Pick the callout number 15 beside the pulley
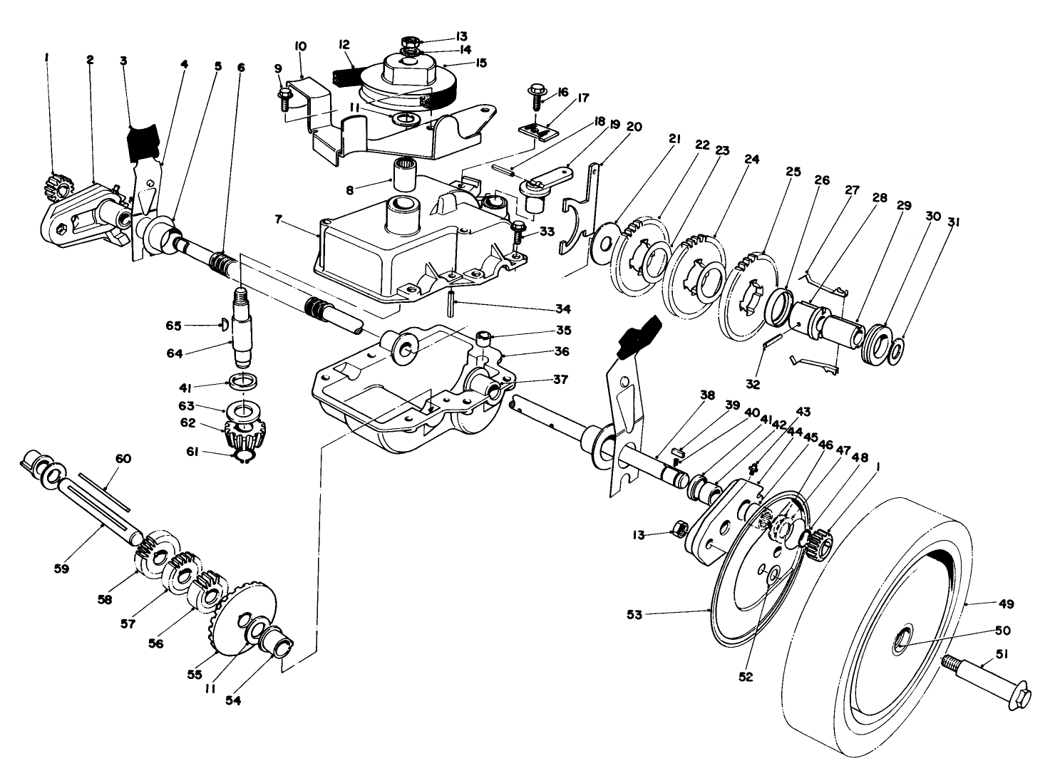(481, 63)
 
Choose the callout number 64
(195, 348)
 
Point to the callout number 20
(633, 127)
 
